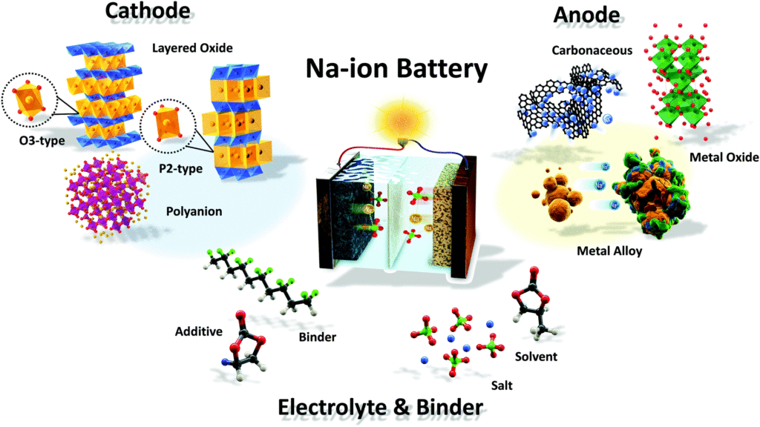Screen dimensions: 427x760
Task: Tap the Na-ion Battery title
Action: (x=397, y=70)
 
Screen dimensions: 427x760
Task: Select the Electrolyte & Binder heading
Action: (x=380, y=406)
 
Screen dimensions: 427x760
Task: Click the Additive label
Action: (x=200, y=331)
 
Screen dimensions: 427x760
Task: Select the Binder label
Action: (x=318, y=338)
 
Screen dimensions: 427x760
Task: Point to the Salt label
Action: (x=501, y=385)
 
